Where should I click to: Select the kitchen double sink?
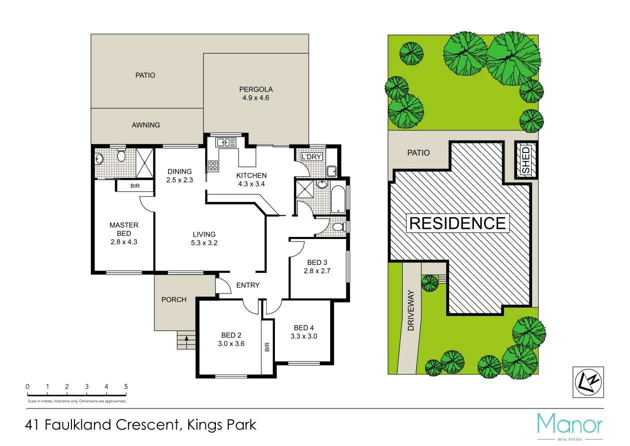pos(226,142)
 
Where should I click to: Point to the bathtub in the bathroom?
pos(338,200)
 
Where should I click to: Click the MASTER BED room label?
pos(124,229)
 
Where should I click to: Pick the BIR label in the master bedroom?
pos(135,185)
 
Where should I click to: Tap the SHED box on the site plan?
pos(526,160)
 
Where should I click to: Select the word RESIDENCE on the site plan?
pos(457,223)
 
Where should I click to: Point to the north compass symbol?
pos(588,382)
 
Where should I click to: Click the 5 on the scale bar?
pos(126,386)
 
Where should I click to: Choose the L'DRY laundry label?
pos(311,156)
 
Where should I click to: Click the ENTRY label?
pos(248,285)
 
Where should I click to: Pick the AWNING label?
pos(146,125)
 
